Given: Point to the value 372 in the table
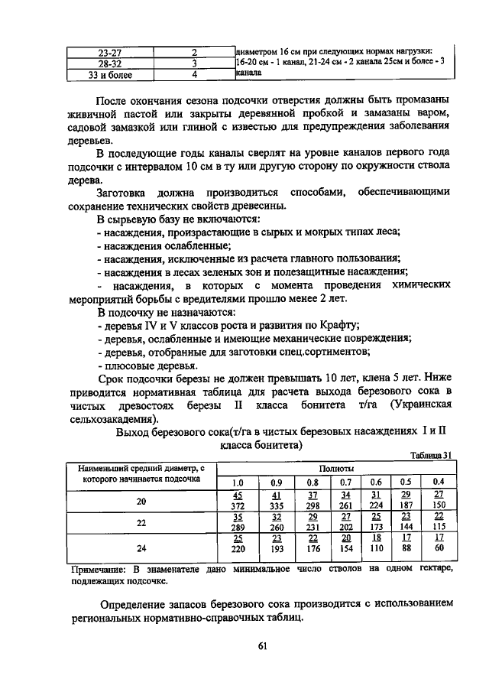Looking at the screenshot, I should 237,505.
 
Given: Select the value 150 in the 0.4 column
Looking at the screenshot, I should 438,505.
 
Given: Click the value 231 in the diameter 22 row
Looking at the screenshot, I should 313,528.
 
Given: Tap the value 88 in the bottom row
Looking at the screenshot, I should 406,548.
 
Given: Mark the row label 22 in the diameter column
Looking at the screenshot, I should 141,523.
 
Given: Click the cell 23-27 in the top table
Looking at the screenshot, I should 112,53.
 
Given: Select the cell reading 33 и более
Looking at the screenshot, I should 112,75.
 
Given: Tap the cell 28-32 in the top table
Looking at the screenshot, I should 112,64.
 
